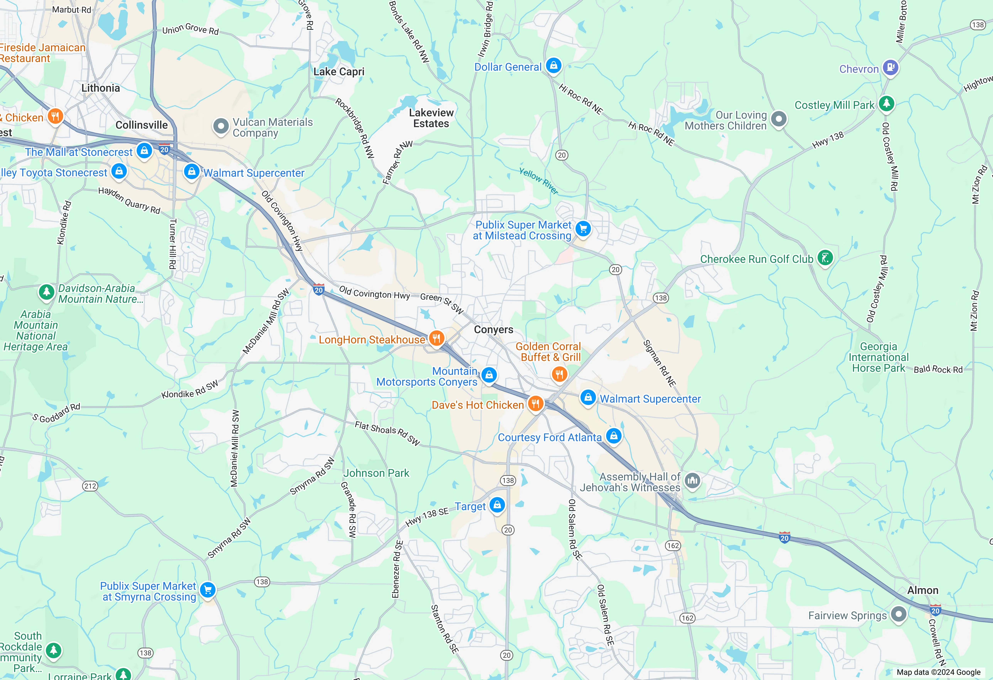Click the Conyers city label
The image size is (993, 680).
coord(493,330)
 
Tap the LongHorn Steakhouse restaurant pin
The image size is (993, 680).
coord(436,338)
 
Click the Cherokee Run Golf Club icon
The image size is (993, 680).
coord(825,258)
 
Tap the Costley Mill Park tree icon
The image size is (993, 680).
coord(886,104)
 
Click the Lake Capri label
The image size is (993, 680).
coord(339,72)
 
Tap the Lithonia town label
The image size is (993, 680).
coord(101,88)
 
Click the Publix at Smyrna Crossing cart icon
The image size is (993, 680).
coord(208,590)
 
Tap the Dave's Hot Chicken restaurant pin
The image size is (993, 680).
coord(535,403)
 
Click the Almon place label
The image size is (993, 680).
coord(922,590)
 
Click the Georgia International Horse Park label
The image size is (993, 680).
coord(879,357)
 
